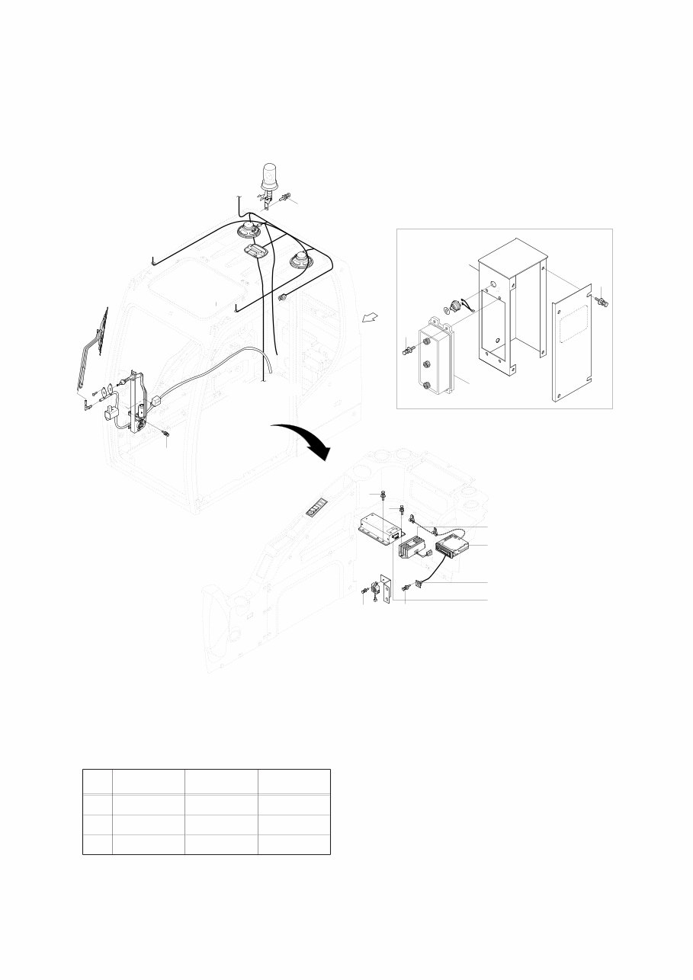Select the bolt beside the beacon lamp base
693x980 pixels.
tap(284, 198)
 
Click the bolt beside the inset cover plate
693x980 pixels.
tap(605, 300)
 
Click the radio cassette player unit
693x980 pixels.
tap(454, 546)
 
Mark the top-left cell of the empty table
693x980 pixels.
tap(97, 782)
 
